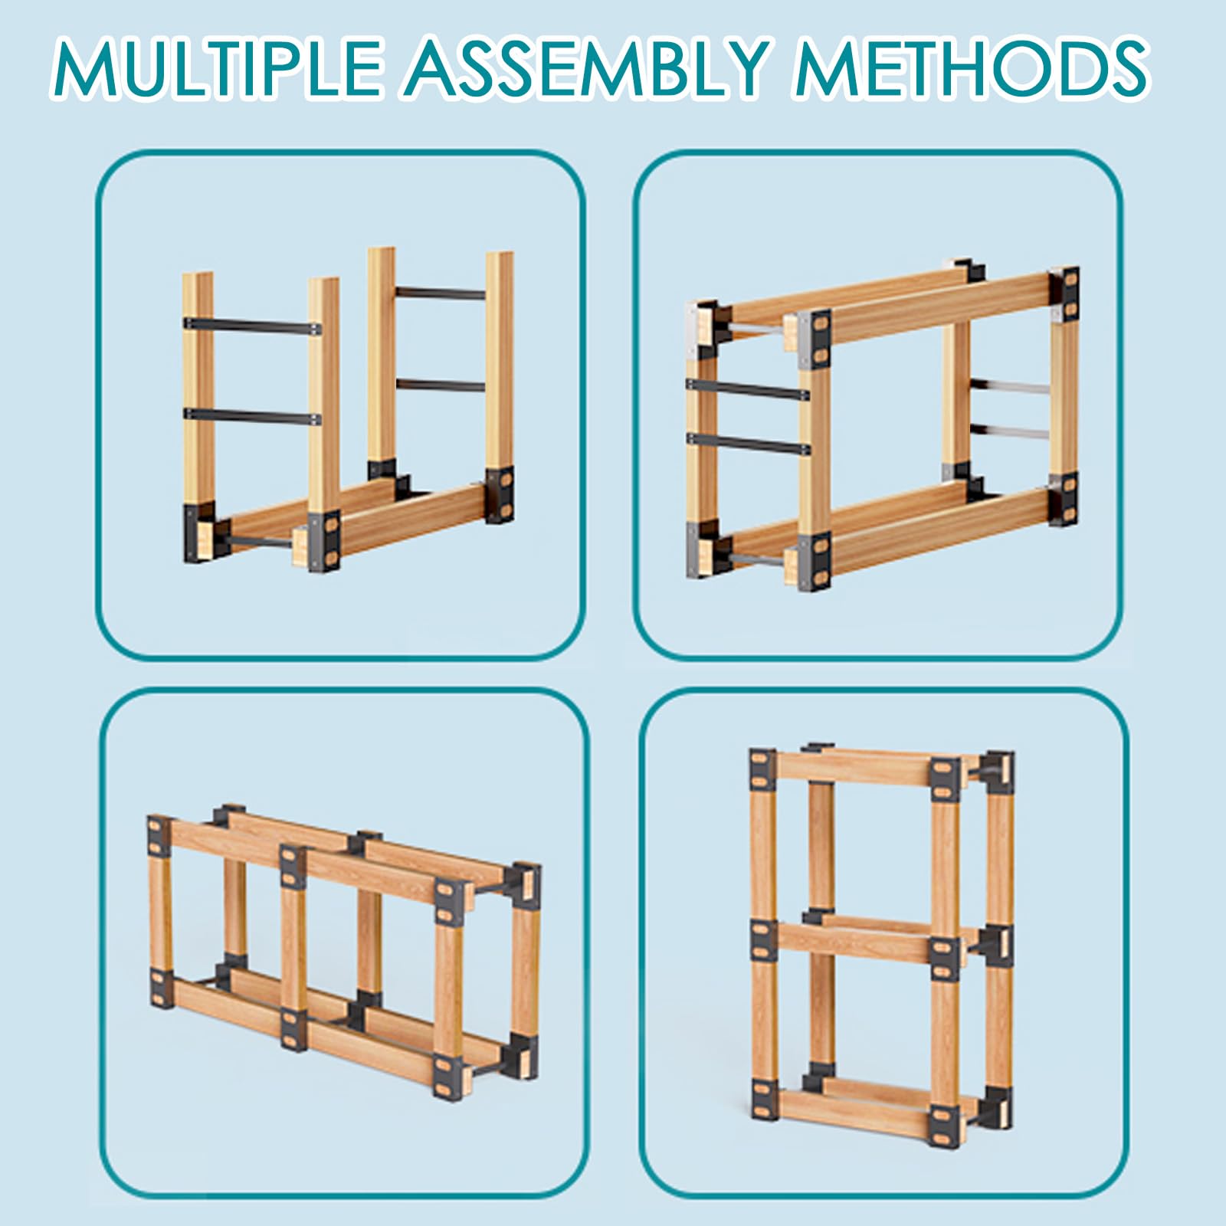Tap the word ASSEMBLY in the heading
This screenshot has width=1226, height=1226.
(585, 70)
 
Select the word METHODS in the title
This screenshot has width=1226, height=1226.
(971, 70)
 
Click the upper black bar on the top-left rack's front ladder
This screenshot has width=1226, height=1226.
(252, 326)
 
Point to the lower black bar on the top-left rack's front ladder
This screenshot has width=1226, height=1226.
(252, 416)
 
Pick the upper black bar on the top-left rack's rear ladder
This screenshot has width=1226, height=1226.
(441, 293)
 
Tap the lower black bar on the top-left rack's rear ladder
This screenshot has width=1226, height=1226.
(441, 385)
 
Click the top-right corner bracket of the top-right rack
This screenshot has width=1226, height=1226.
(1065, 293)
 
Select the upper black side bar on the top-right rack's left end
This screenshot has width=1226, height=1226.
(748, 389)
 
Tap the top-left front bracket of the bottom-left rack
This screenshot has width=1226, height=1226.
(159, 837)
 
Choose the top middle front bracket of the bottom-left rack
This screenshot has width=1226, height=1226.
(293, 866)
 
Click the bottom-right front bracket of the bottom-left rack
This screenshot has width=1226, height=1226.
(447, 1077)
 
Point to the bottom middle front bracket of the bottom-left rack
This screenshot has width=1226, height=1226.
(293, 1028)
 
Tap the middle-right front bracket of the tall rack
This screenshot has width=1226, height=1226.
(945, 957)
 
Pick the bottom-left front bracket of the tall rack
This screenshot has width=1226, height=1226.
(764, 1097)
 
